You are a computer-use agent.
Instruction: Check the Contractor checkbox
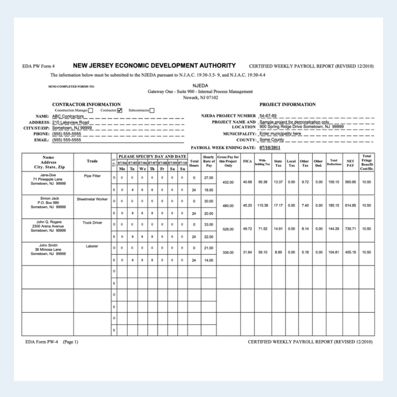pyautogui.click(x=120, y=110)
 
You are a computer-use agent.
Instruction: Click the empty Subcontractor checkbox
pyautogui.click(x=152, y=110)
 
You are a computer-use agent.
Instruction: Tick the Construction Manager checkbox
pyautogui.click(x=90, y=110)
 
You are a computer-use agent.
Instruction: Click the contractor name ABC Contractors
pyautogui.click(x=68, y=116)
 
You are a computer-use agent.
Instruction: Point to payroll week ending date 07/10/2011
pyautogui.click(x=270, y=148)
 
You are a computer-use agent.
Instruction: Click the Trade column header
pyautogui.click(x=92, y=161)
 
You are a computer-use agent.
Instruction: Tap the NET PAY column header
pyautogui.click(x=350, y=163)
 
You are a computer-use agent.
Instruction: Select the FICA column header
pyautogui.click(x=247, y=161)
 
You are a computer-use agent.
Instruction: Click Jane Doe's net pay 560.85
pyautogui.click(x=350, y=182)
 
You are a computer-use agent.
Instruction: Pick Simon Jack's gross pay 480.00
pyautogui.click(x=228, y=206)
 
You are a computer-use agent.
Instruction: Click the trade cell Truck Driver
pyautogui.click(x=92, y=223)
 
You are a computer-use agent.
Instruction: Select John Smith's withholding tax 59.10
pyautogui.click(x=263, y=252)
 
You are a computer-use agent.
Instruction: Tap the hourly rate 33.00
pyautogui.click(x=209, y=224)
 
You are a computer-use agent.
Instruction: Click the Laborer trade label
pyautogui.click(x=92, y=246)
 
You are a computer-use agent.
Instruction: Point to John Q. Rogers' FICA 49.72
pyautogui.click(x=247, y=229)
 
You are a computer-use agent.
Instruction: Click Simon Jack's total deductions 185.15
pyautogui.click(x=333, y=206)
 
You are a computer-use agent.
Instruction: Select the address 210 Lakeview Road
pyautogui.click(x=71, y=122)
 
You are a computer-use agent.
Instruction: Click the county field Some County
pyautogui.click(x=272, y=140)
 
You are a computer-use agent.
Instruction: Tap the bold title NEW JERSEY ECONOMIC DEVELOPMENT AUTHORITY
pyautogui.click(x=154, y=66)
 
